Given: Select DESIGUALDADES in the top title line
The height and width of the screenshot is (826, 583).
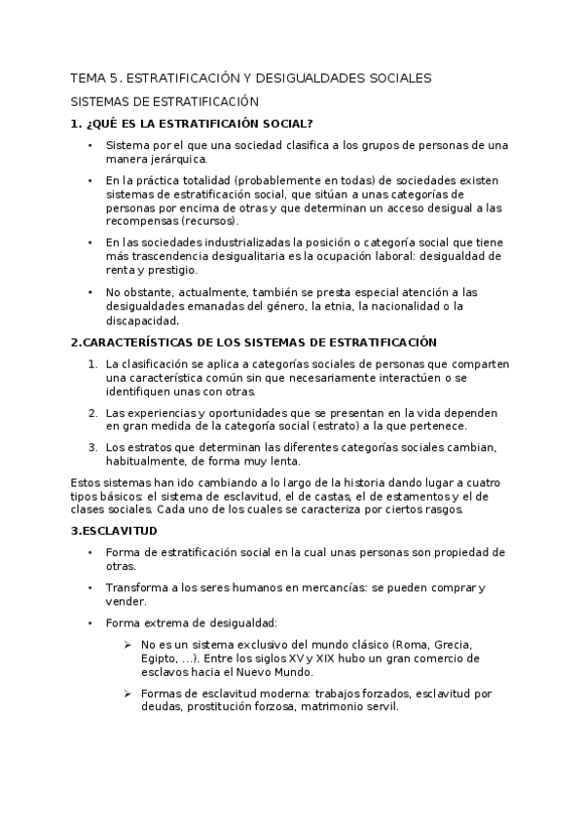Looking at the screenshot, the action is [x=315, y=77].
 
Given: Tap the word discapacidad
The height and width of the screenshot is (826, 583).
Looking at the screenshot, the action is [x=143, y=319].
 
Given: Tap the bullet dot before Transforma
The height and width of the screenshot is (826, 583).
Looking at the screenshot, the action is [x=90, y=587].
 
